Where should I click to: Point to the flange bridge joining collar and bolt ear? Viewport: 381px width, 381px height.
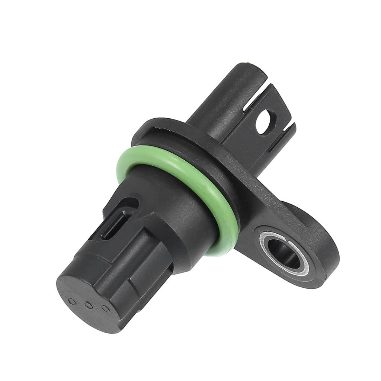click(x=257, y=193)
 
